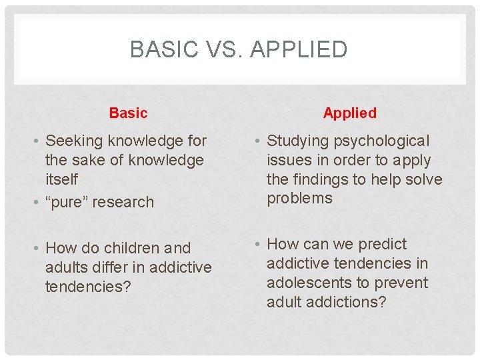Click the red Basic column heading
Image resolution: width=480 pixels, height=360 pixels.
click(x=128, y=113)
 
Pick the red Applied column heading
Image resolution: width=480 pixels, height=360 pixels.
click(x=350, y=113)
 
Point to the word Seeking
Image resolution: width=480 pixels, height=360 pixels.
click(x=73, y=141)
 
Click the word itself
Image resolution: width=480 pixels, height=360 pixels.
click(x=61, y=180)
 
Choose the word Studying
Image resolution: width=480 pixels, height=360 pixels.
click(x=297, y=141)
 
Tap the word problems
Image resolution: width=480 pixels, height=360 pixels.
click(x=299, y=199)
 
